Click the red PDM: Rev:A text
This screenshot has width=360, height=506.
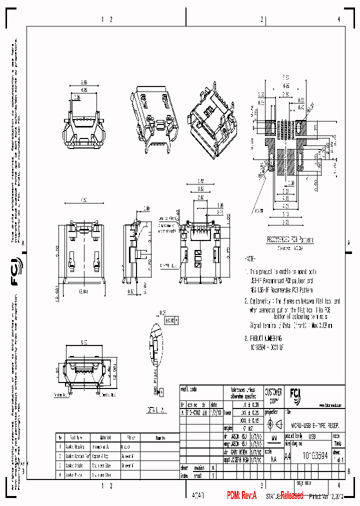[241, 495]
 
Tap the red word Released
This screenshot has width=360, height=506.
[291, 495]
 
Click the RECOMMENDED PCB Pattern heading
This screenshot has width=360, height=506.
[289, 240]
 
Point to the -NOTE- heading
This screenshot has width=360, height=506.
[250, 259]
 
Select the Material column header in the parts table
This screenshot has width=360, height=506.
[98, 436]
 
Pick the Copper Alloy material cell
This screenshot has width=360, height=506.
[100, 455]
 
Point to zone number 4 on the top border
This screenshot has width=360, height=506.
[338, 19]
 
